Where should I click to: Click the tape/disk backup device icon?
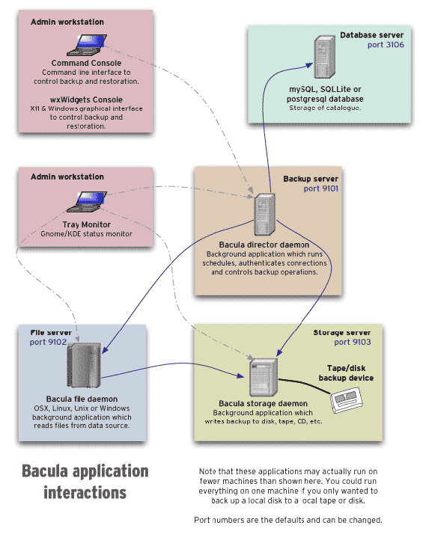click(x=348, y=403)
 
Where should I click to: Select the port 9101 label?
click(x=320, y=189)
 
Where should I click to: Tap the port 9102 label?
click(x=49, y=343)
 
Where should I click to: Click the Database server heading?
click(x=371, y=35)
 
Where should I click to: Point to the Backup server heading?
click(x=310, y=179)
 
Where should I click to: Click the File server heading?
click(x=51, y=332)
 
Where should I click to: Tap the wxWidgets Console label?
click(x=86, y=99)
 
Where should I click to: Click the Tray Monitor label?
click(x=86, y=224)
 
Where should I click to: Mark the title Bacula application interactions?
click(x=85, y=482)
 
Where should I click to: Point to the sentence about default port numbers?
click(x=288, y=520)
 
